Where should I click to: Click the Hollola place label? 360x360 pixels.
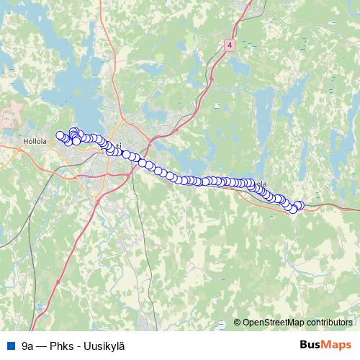[x=35, y=142]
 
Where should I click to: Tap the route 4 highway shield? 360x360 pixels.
[x=228, y=44]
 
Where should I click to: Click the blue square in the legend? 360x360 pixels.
[x=10, y=346]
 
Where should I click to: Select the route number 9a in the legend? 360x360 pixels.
[x=28, y=346]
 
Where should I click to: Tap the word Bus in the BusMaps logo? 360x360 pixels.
[x=311, y=345]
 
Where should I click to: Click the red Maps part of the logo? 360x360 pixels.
[x=338, y=345]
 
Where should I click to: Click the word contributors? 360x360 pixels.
[x=328, y=323]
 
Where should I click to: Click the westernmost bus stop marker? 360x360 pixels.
[x=60, y=135]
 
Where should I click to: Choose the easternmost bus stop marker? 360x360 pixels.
[x=300, y=205]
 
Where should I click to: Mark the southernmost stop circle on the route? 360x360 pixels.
[x=293, y=210]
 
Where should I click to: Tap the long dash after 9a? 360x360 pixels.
[x=42, y=346]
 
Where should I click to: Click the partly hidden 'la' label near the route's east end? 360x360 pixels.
[x=264, y=184]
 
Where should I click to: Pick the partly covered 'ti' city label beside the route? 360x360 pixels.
[x=117, y=144]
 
